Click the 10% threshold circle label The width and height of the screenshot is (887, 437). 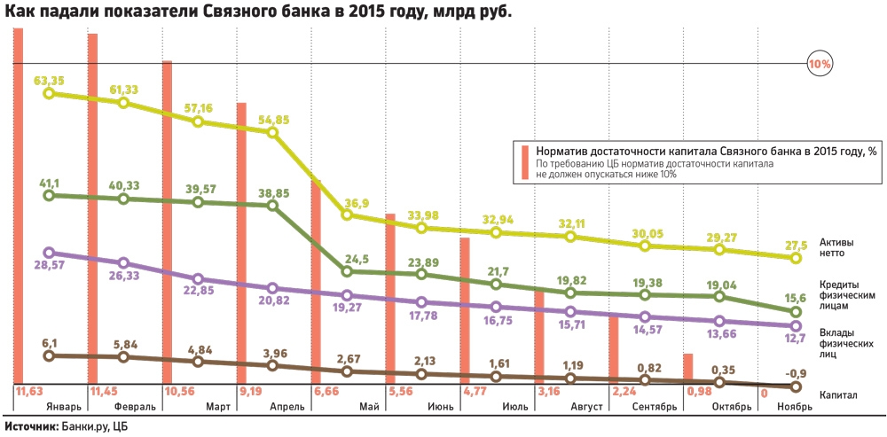(x=819, y=64)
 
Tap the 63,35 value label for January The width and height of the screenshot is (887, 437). (x=49, y=81)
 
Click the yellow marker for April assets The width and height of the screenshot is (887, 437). (x=272, y=133)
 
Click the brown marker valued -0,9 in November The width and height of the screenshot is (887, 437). (x=796, y=386)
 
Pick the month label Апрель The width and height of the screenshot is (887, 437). (x=286, y=407)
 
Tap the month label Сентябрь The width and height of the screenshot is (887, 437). (x=655, y=407)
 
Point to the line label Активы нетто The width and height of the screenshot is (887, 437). (x=836, y=246)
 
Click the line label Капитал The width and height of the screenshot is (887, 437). (x=838, y=394)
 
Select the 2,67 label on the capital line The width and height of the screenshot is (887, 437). (x=347, y=357)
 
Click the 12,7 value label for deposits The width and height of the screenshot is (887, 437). (x=794, y=339)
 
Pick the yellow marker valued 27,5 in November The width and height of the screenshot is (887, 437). (x=796, y=258)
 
